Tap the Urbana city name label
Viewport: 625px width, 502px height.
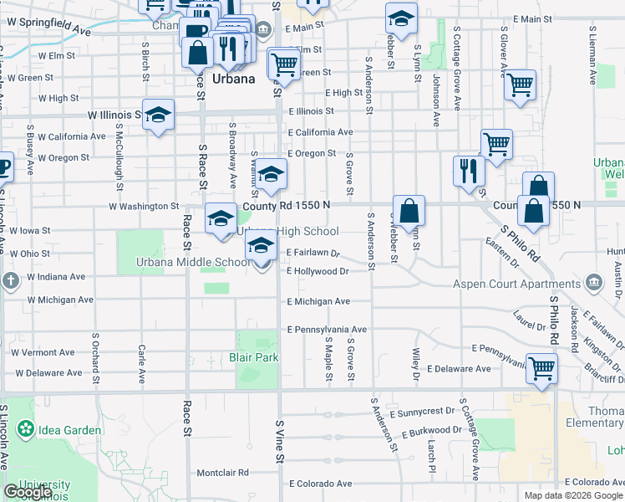pyautogui.click(x=233, y=79)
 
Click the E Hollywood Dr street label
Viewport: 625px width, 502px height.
pyautogui.click(x=317, y=271)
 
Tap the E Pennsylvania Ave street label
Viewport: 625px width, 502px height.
pyautogui.click(x=327, y=330)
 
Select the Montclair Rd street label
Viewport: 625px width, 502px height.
pyautogui.click(x=223, y=473)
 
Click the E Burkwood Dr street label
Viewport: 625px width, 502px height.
pyautogui.click(x=431, y=431)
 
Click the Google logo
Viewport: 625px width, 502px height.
pyautogui.click(x=28, y=493)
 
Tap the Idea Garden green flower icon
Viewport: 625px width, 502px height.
pyautogui.click(x=26, y=430)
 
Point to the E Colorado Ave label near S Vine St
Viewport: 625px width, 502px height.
pyautogui.click(x=320, y=484)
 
